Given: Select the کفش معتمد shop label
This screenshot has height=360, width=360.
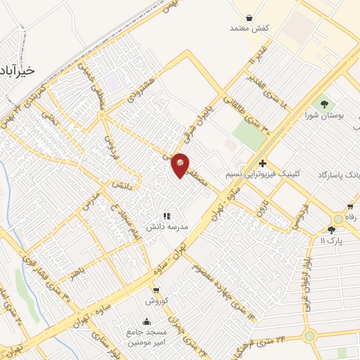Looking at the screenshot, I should (x=250, y=28).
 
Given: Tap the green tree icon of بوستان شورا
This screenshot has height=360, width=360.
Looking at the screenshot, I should (x=324, y=103).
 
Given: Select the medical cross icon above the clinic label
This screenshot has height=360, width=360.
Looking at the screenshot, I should (x=262, y=163).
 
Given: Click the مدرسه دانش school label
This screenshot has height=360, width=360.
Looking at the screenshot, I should (x=166, y=227).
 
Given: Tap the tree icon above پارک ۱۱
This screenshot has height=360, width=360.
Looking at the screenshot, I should (x=331, y=230).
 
